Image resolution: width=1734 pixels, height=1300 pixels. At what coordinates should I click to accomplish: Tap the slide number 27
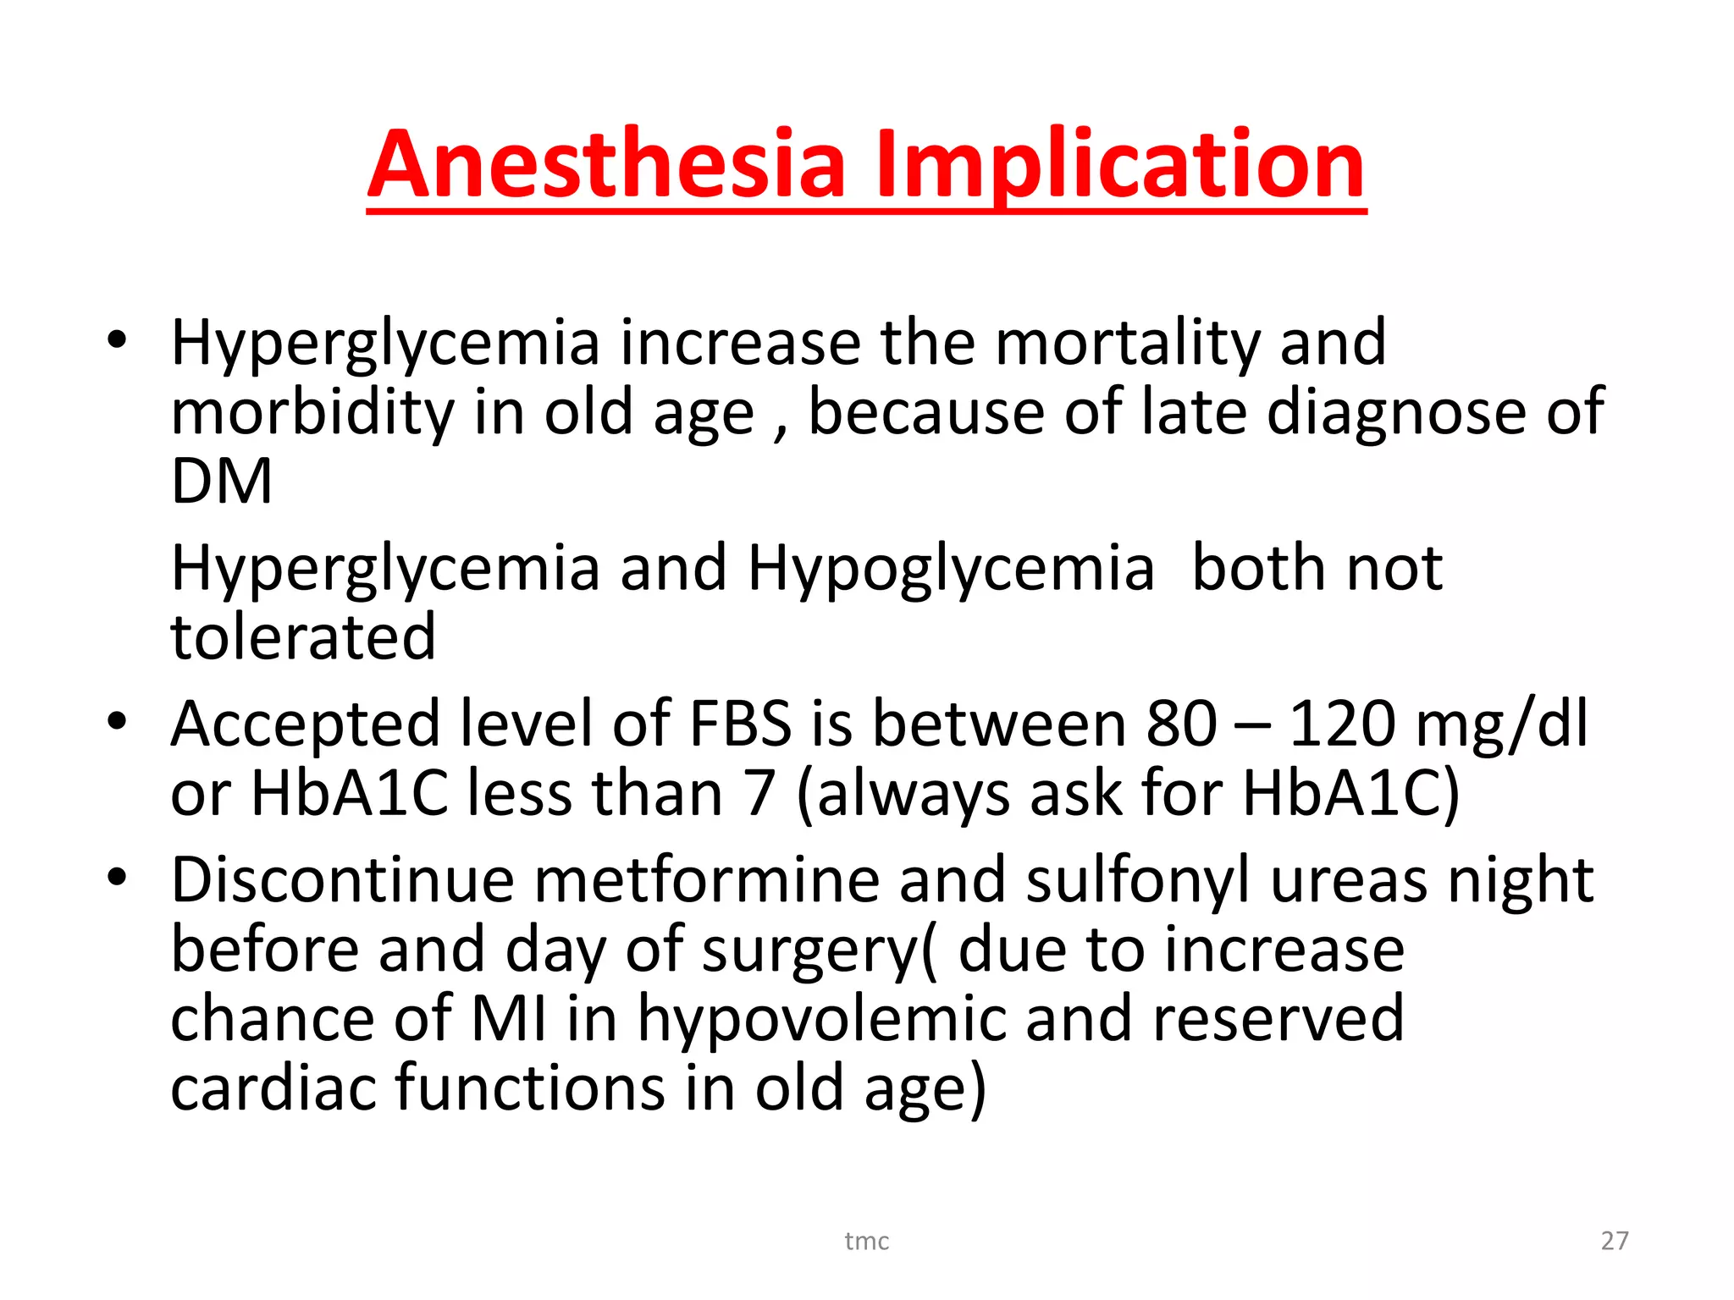1615,1241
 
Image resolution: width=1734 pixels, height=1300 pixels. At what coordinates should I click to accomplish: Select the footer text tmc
866,1242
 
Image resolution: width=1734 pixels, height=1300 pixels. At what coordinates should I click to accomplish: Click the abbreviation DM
222,482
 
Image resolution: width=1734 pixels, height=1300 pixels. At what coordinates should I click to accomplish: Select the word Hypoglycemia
950,569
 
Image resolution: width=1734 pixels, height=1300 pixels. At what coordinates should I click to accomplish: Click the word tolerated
303,636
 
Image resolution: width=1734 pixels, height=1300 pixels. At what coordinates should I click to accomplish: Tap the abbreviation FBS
741,724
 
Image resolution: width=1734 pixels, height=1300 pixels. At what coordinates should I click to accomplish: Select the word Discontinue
342,880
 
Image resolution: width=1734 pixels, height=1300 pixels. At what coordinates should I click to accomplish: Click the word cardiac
273,1088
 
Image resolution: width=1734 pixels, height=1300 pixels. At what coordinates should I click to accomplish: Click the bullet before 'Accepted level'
117,722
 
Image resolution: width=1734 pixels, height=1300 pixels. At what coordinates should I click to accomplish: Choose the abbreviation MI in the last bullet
509,1018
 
